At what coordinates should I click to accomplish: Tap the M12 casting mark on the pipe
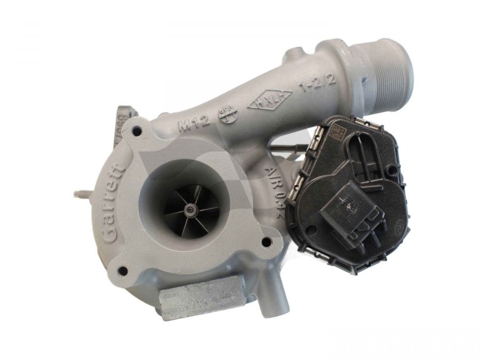[191, 126]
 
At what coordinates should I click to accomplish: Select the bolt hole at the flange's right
[266, 243]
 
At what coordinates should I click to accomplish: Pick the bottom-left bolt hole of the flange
[123, 270]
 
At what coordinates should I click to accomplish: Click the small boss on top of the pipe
[293, 55]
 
